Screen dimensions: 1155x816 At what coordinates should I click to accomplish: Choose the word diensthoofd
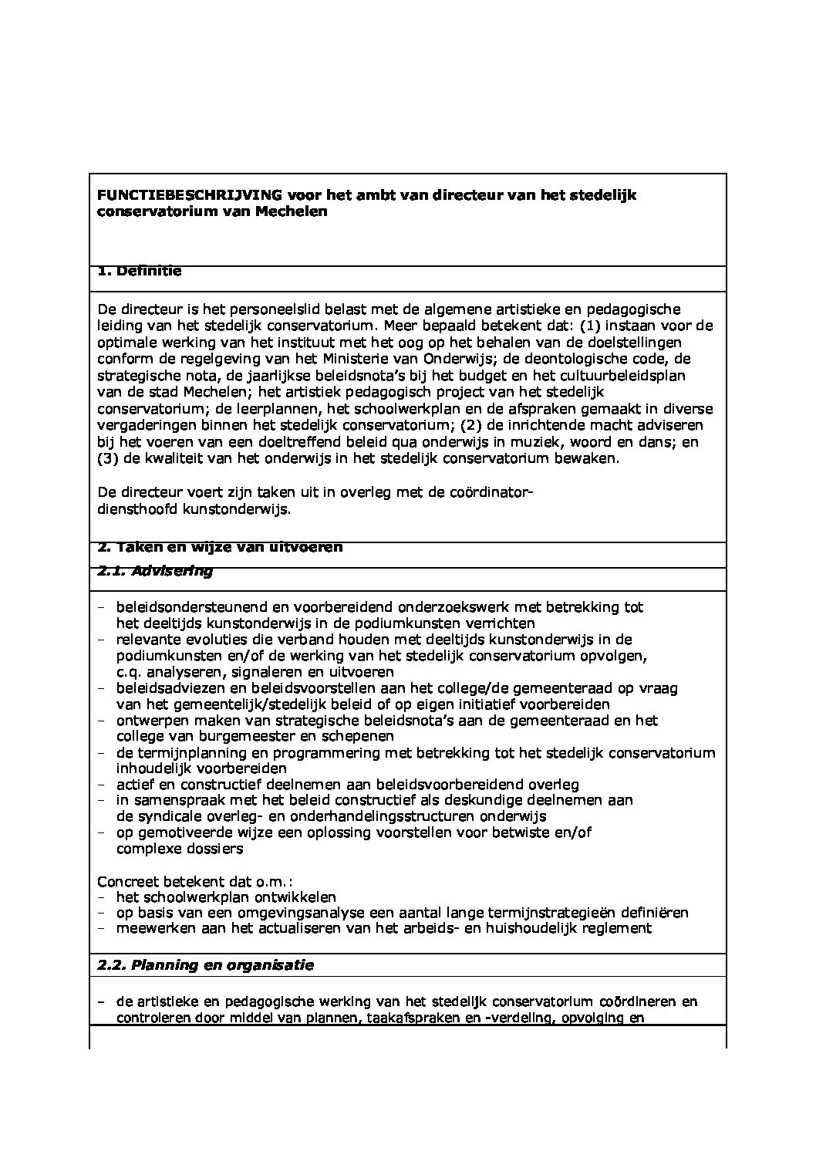pyautogui.click(x=132, y=509)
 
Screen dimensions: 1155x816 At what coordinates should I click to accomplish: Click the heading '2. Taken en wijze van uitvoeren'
pyautogui.click(x=220, y=547)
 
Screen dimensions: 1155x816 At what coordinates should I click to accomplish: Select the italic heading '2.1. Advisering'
pyautogui.click(x=155, y=572)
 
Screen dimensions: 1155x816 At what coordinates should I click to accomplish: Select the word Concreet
pyautogui.click(x=125, y=882)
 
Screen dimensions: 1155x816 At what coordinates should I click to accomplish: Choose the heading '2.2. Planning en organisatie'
pyautogui.click(x=205, y=965)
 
